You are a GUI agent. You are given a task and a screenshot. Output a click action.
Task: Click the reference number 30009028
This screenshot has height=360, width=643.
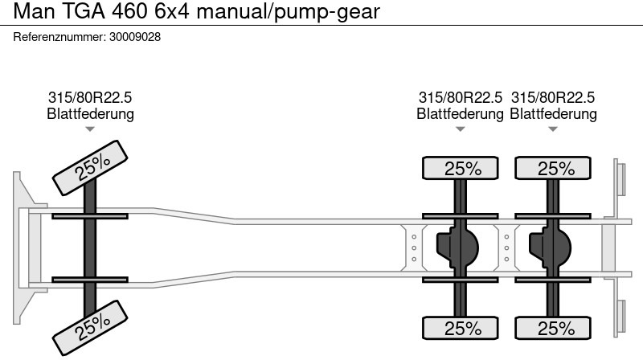[134, 37]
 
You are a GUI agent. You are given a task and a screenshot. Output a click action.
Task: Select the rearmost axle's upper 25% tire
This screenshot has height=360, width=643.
[554, 169]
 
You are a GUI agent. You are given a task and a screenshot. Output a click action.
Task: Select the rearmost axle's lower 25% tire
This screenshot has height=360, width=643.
[554, 328]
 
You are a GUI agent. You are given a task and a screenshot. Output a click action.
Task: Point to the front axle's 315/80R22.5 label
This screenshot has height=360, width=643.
[90, 98]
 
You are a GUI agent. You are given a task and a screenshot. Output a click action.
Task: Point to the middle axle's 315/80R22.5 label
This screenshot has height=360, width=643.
[460, 98]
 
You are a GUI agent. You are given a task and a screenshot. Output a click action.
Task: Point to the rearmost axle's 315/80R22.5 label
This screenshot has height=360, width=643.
[553, 98]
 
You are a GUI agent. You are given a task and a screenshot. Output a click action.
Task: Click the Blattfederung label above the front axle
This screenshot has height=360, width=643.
[90, 114]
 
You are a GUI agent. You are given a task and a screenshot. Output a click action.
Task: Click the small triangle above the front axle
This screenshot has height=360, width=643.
[90, 129]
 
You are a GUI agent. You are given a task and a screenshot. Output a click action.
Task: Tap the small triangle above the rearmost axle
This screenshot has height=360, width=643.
[553, 129]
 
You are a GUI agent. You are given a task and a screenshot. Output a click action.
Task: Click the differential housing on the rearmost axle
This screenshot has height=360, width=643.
[549, 247]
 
